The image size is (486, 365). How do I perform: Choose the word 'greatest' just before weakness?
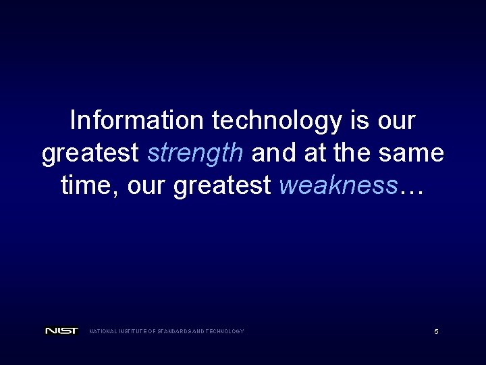point(222,185)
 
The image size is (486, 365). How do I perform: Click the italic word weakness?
point(337,185)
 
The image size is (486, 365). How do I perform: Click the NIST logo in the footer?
point(61,331)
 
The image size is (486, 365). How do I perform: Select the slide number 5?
point(436,332)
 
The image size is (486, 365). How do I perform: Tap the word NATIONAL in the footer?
point(103,331)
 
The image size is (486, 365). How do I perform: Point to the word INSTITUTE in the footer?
point(133,331)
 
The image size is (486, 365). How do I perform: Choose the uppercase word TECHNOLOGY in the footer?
point(224,331)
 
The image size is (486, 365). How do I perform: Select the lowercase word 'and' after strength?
point(271,153)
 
